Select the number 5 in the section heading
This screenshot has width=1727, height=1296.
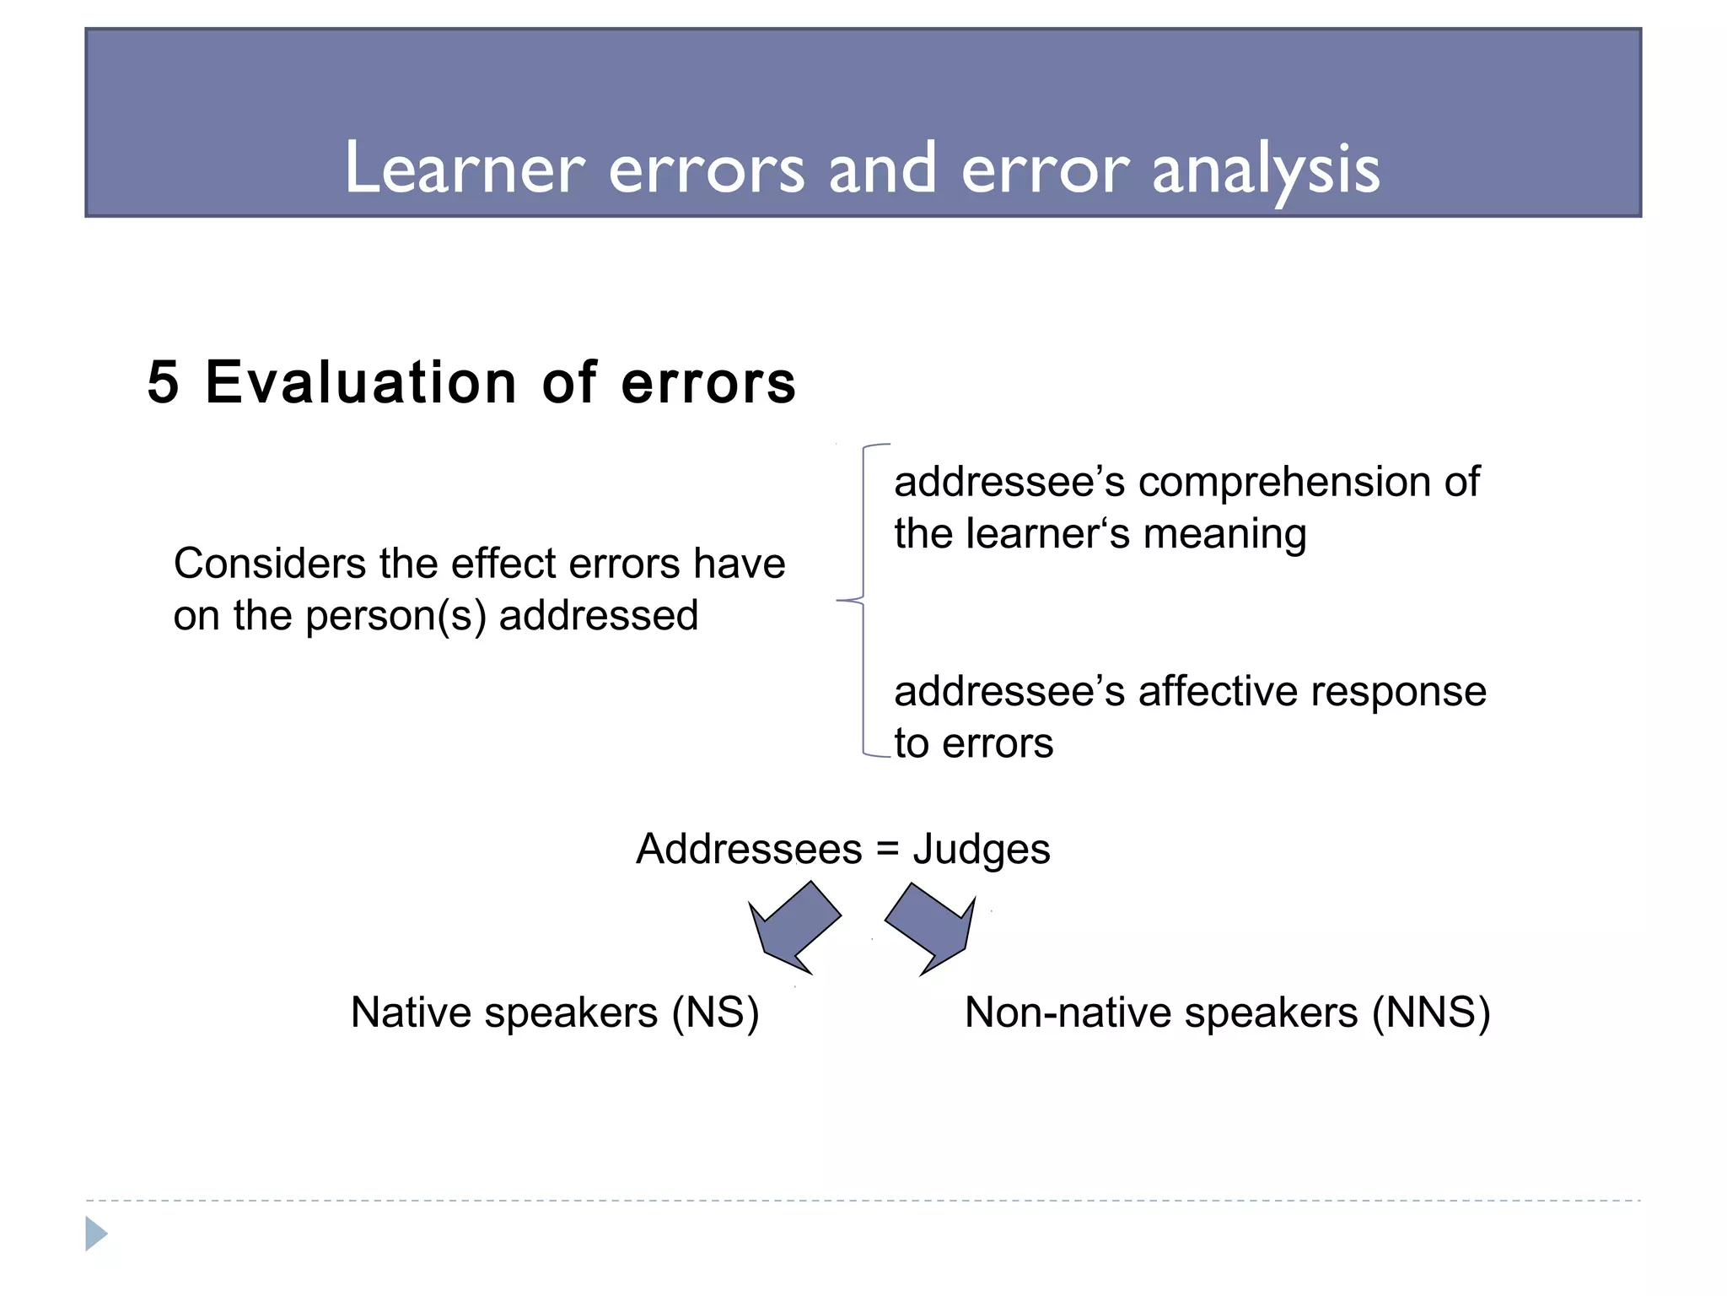[x=163, y=382]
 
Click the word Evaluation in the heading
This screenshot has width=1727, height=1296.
[x=360, y=382]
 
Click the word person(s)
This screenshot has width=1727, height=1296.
[x=395, y=616]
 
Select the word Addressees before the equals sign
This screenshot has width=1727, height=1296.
[x=749, y=849]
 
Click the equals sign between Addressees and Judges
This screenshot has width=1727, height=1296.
[x=888, y=850]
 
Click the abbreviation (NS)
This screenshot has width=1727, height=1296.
[x=715, y=1012]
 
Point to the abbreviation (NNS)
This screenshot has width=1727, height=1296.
[x=1431, y=1012]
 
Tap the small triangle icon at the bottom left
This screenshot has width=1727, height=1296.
[x=95, y=1234]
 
